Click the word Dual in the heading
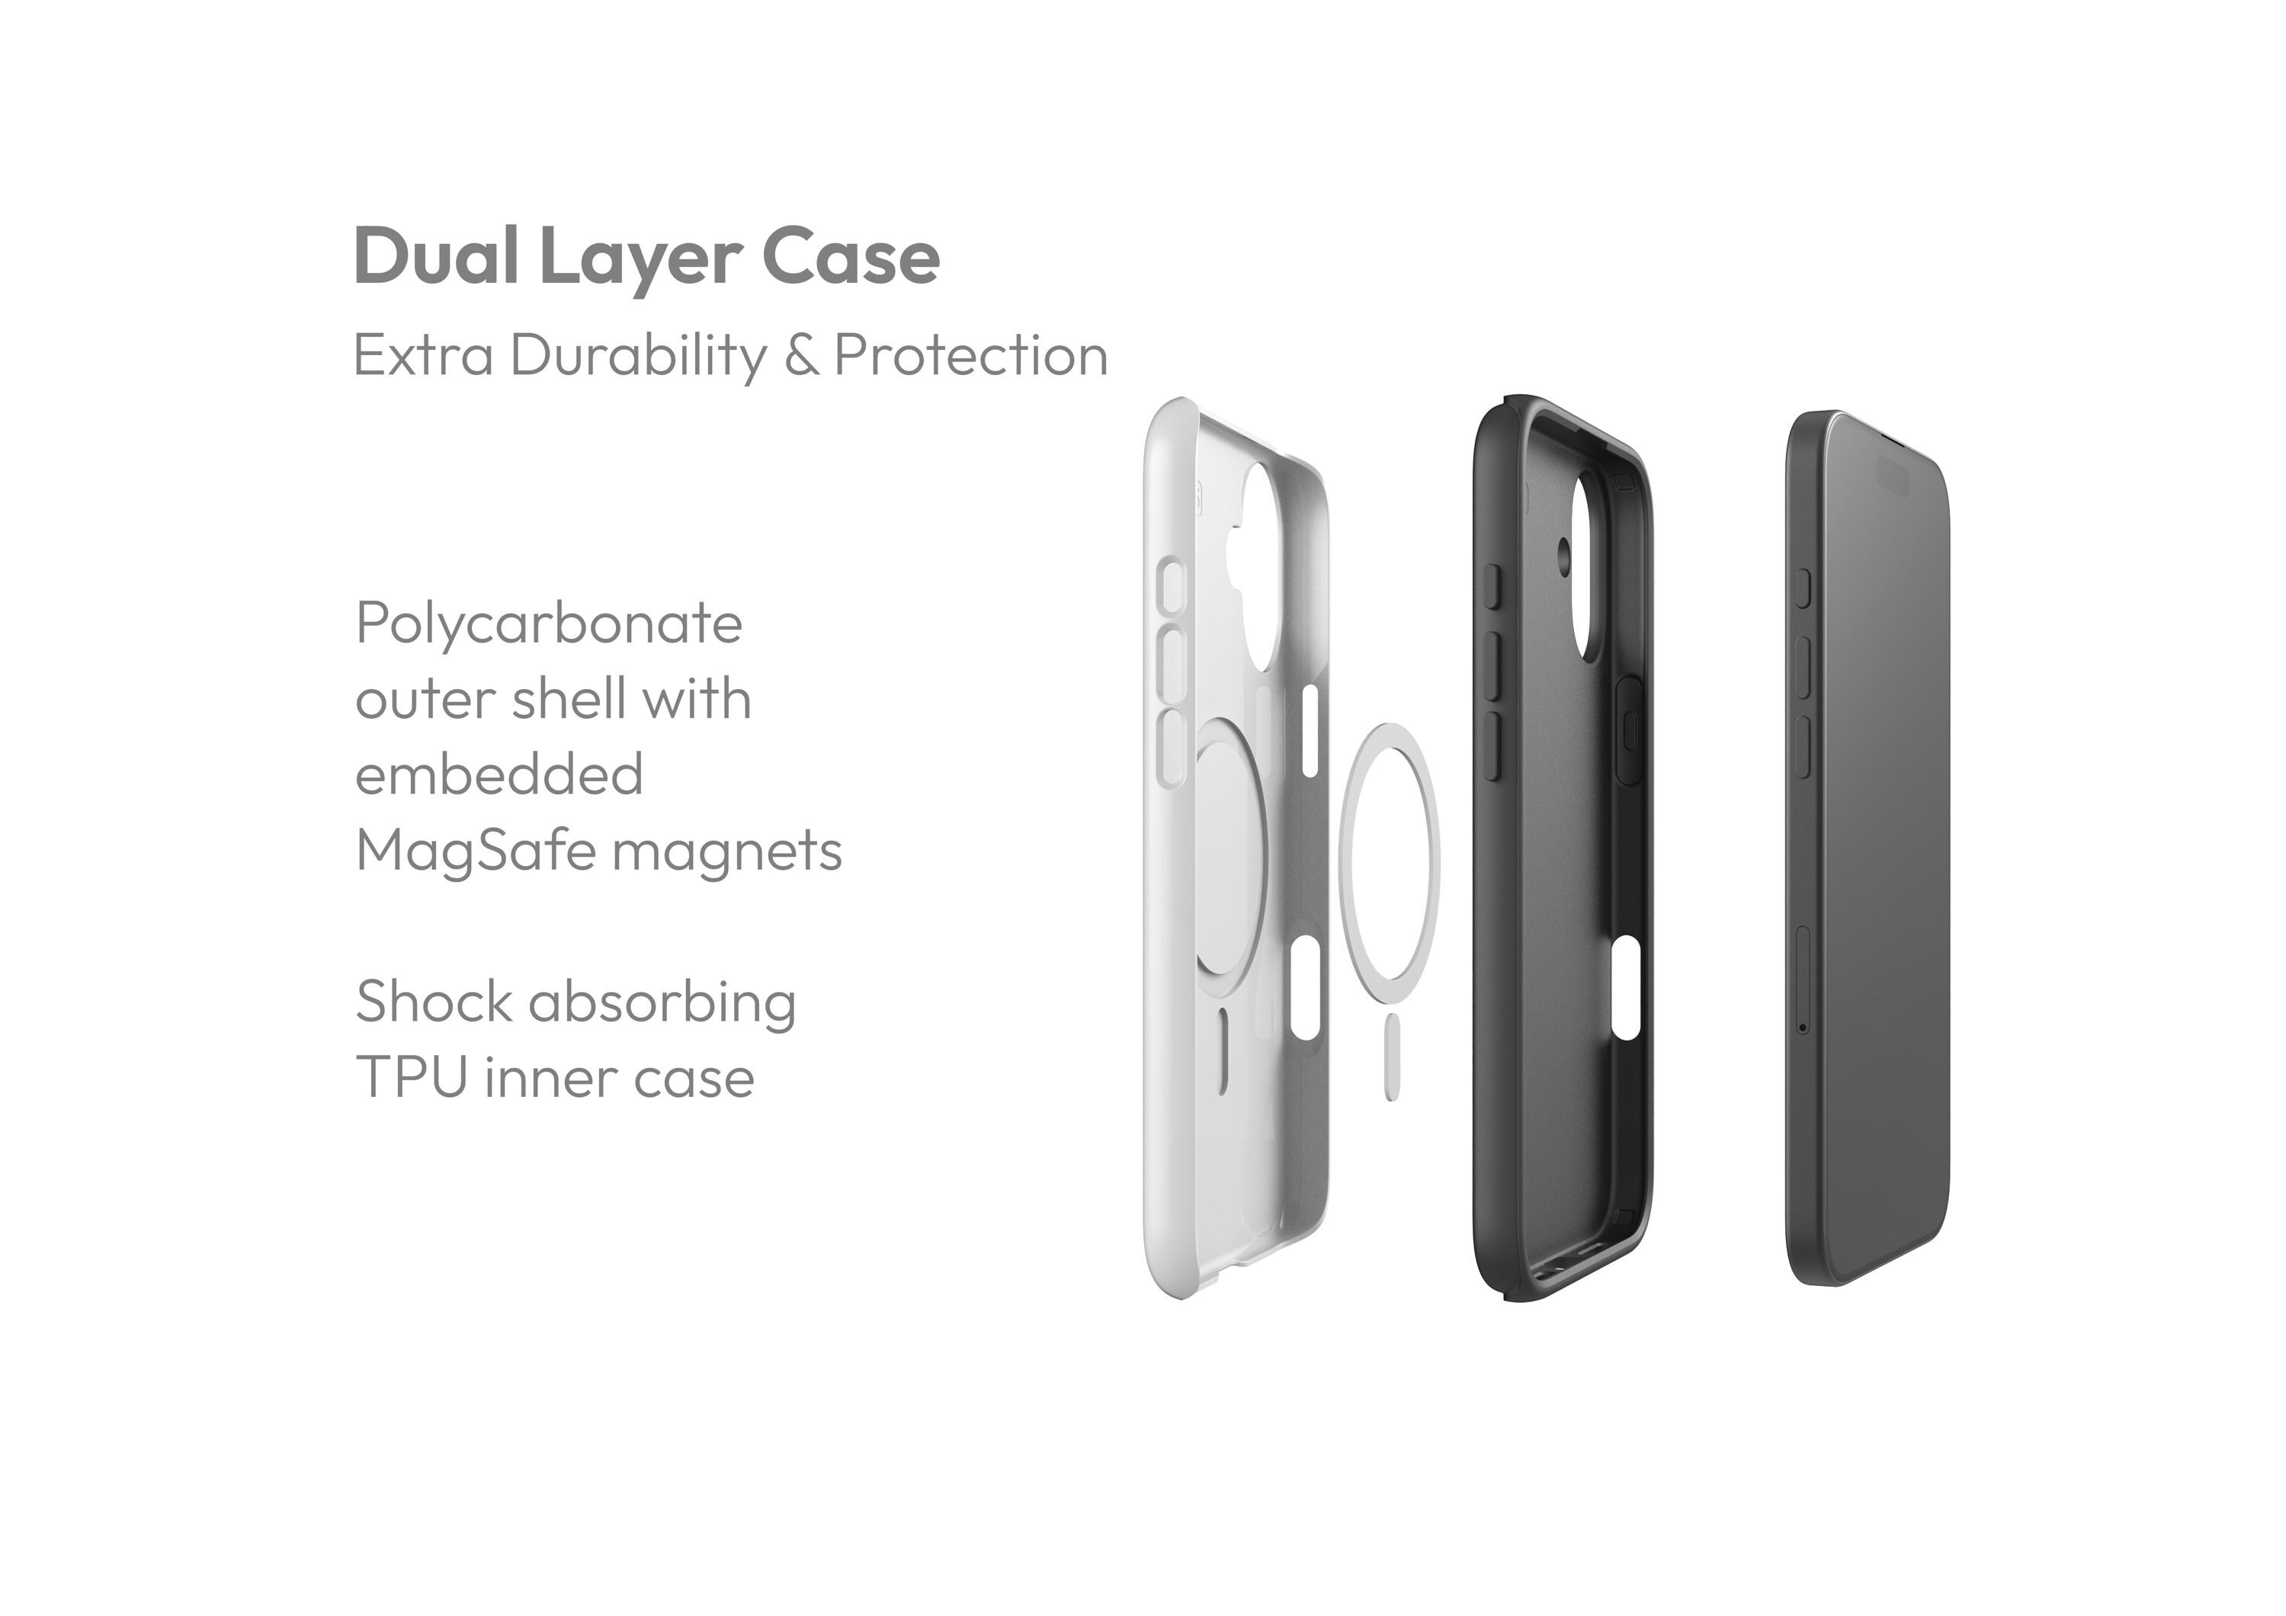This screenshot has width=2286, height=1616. pos(435,257)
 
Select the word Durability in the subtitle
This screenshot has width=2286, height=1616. pos(638,355)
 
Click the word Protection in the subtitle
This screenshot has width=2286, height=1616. pos(971,355)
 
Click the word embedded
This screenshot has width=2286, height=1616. pos(499,776)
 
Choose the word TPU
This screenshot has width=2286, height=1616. pos(411,1077)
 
